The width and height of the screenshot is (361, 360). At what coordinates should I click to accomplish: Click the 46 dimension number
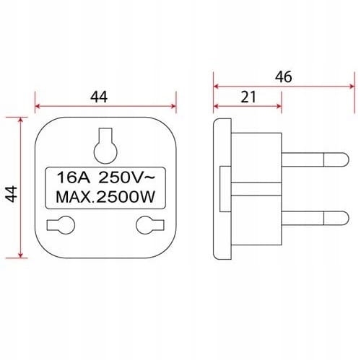click(x=284, y=77)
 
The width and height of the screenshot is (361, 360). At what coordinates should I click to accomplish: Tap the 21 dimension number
click(x=248, y=97)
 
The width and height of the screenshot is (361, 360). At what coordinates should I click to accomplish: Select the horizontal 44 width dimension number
click(x=99, y=97)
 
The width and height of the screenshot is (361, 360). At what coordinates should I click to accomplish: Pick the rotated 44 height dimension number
click(x=12, y=194)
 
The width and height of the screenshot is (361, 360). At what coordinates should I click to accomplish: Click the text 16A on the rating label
click(x=74, y=177)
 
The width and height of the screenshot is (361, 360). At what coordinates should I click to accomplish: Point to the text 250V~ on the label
click(x=126, y=177)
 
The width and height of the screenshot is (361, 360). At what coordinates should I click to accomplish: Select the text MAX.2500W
click(x=105, y=197)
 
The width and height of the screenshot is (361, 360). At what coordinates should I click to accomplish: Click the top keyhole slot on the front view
click(x=105, y=146)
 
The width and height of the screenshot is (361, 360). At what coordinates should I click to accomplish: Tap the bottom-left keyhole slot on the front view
click(x=61, y=225)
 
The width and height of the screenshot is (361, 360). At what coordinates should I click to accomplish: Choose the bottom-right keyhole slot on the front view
click(x=150, y=225)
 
